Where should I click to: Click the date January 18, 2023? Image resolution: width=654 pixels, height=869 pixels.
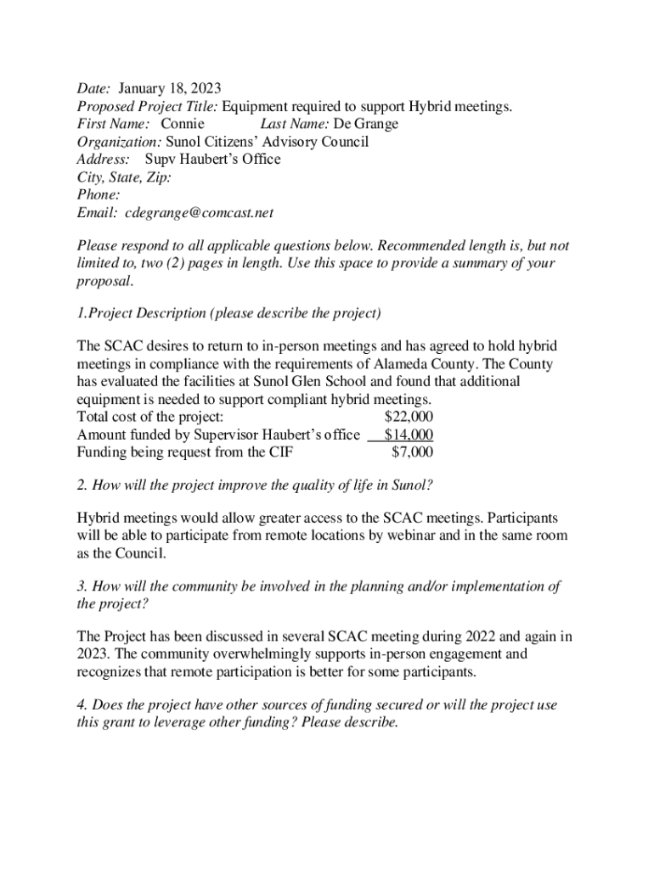[170, 88]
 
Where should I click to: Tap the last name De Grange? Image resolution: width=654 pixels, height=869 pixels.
[364, 124]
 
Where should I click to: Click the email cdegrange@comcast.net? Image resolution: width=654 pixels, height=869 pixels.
[199, 213]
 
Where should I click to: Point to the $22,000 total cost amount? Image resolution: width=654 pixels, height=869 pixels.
[409, 417]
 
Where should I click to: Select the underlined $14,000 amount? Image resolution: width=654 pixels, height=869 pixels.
[409, 434]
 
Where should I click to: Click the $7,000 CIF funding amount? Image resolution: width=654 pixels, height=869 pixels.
[412, 452]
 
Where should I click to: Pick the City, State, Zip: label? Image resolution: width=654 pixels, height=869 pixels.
[124, 177]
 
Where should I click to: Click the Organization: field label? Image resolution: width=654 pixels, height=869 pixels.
[119, 142]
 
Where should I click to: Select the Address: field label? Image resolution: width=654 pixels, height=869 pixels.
[103, 160]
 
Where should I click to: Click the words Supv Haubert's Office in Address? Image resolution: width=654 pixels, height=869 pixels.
[212, 160]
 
